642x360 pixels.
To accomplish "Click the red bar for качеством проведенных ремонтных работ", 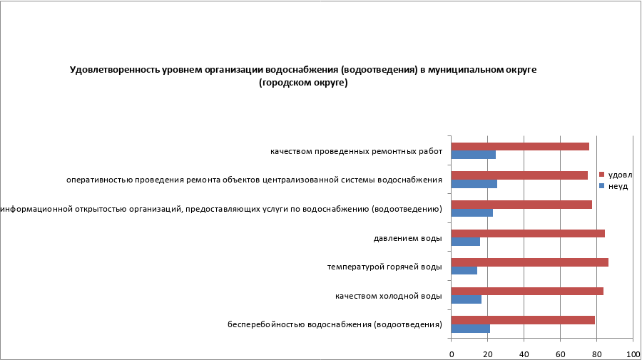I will pyautogui.click(x=520, y=146).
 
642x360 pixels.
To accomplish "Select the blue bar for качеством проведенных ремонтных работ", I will pyautogui.click(x=474, y=155).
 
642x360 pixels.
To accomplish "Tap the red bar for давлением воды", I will pyautogui.click(x=528, y=233).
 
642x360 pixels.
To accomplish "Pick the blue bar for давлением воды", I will pyautogui.click(x=466, y=242).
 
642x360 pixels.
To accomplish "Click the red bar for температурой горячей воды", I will pyautogui.click(x=530, y=262).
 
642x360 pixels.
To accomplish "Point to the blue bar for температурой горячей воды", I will pyautogui.click(x=464, y=270).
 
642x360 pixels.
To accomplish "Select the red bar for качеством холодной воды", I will pyautogui.click(x=527, y=291).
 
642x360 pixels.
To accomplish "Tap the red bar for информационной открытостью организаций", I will pyautogui.click(x=521, y=205).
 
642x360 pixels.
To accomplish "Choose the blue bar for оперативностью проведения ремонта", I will pyautogui.click(x=474, y=184).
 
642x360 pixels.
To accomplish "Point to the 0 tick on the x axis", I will pyautogui.click(x=452, y=354).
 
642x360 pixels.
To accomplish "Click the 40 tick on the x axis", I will pyautogui.click(x=524, y=354).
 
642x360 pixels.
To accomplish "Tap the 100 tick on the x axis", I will pyautogui.click(x=632, y=354).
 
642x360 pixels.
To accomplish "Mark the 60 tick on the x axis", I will pyautogui.click(x=560, y=354).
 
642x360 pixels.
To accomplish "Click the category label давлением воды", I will pyautogui.click(x=407, y=237).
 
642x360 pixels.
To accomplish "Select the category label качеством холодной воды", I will pyautogui.click(x=389, y=295).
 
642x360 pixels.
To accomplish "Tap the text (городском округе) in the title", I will pyautogui.click(x=303, y=83).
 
